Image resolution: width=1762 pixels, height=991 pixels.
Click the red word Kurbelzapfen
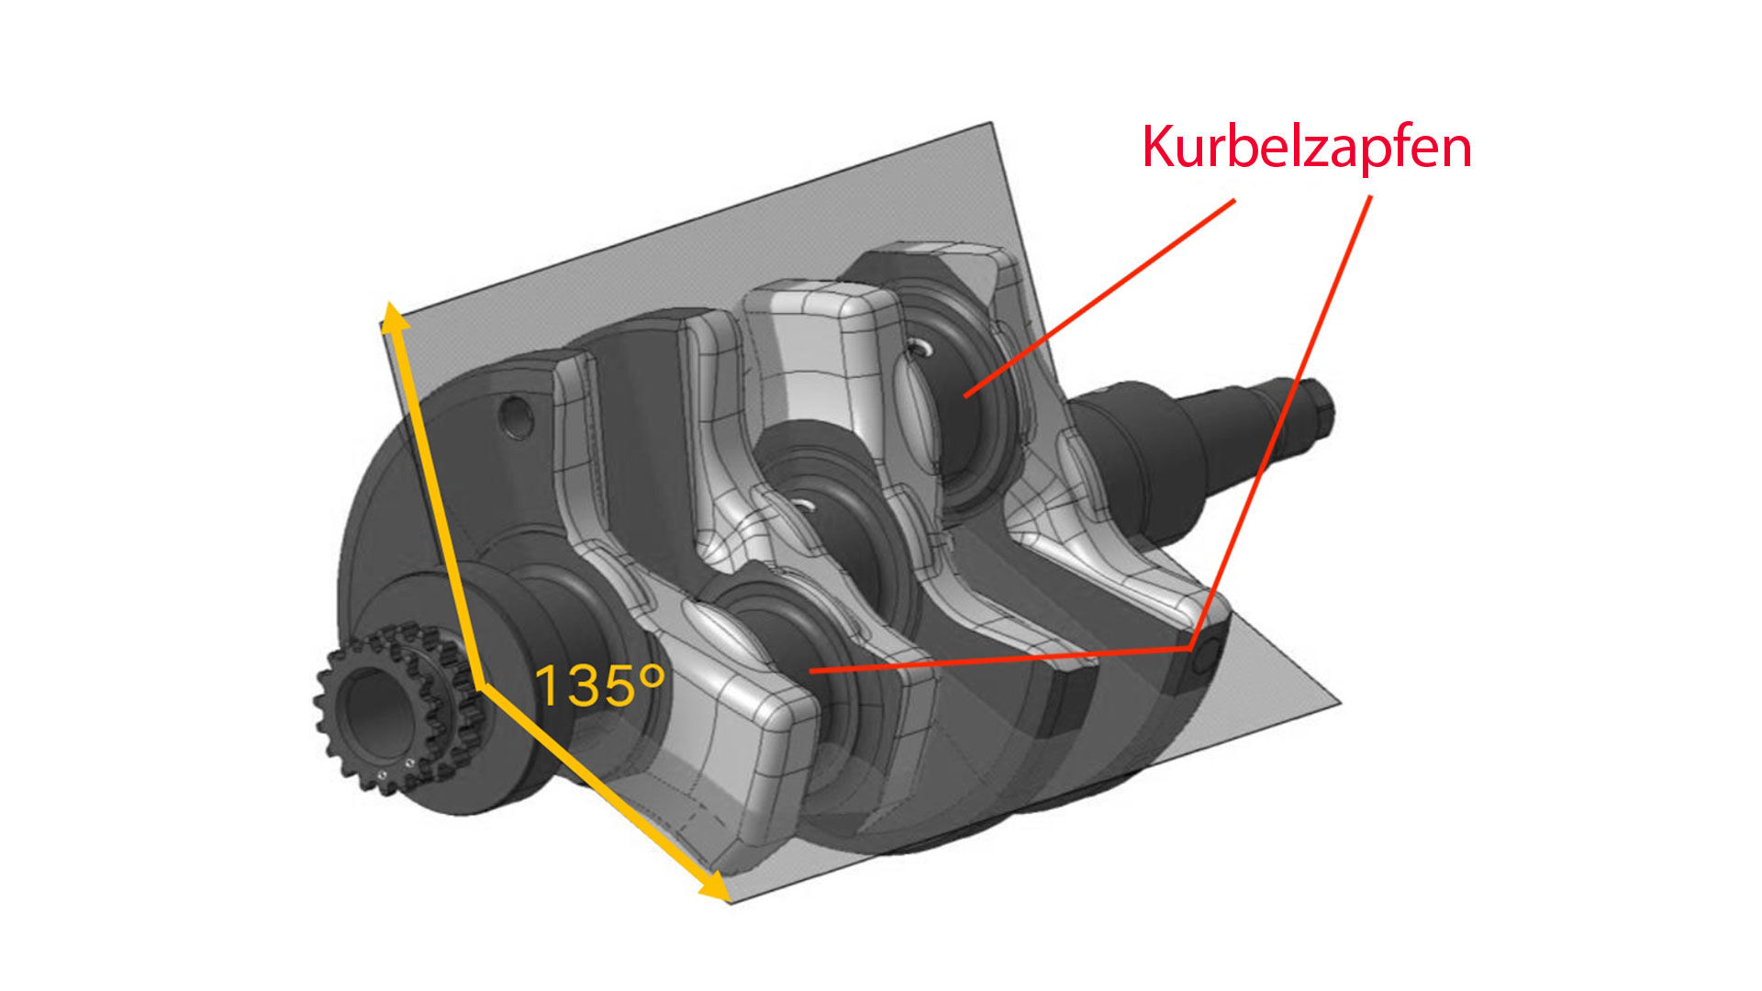coord(1307,147)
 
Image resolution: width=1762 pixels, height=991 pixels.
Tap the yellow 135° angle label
coord(598,685)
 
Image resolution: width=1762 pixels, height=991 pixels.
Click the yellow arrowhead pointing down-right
coord(713,885)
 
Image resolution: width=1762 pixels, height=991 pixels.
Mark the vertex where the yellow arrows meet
coord(479,685)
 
